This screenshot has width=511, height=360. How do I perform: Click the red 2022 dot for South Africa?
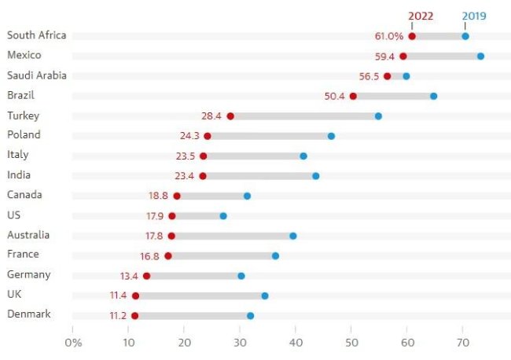click(x=412, y=36)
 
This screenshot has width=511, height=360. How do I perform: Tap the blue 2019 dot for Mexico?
click(x=480, y=56)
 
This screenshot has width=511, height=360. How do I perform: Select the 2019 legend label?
click(x=473, y=14)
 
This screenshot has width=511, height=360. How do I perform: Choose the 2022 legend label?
click(x=421, y=14)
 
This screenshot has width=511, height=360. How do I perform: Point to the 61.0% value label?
click(x=389, y=36)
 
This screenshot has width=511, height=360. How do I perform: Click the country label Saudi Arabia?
click(x=36, y=75)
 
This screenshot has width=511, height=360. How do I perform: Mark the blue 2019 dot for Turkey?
click(x=378, y=116)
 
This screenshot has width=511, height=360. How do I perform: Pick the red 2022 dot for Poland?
click(x=208, y=136)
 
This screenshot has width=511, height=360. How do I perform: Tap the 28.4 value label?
click(x=211, y=116)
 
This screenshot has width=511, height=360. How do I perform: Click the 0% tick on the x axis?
click(x=73, y=342)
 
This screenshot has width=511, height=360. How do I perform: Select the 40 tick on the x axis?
click(x=296, y=342)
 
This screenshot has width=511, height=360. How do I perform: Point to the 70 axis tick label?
click(x=462, y=342)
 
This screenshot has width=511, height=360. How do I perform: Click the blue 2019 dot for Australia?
click(x=293, y=235)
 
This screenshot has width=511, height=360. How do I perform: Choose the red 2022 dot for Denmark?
click(x=135, y=315)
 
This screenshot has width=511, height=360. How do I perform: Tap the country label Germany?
click(x=28, y=274)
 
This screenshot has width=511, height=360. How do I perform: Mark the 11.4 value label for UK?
click(x=119, y=296)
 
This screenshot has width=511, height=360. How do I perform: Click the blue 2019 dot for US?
click(x=223, y=215)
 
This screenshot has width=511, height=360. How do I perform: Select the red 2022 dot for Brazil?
click(x=353, y=96)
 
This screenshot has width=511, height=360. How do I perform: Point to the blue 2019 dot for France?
click(x=275, y=255)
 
